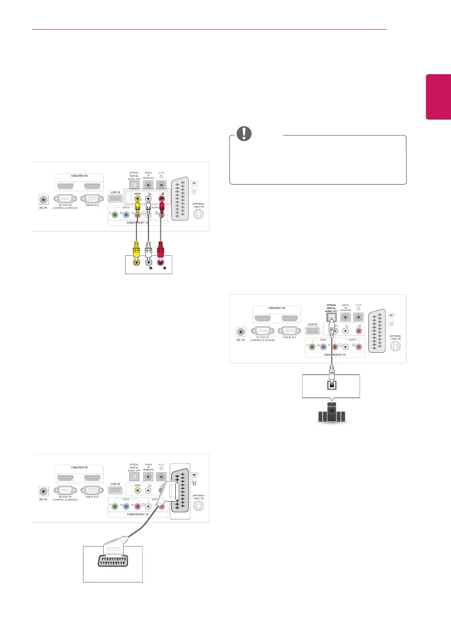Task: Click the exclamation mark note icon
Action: click(244, 134)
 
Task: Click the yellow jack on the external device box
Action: click(137, 262)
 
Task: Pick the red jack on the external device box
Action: click(160, 262)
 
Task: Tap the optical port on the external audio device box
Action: click(332, 385)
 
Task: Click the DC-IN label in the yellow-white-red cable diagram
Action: click(43, 208)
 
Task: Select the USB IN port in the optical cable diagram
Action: click(313, 330)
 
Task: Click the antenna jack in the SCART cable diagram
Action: click(198, 506)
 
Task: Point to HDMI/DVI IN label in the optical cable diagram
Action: click(277, 308)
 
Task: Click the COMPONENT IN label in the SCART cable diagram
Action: click(138, 514)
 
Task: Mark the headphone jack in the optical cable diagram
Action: click(359, 318)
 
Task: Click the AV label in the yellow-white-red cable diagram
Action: click(195, 183)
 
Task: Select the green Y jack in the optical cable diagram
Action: click(312, 347)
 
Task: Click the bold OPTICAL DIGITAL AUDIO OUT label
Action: click(331, 308)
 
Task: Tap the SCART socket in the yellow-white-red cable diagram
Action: click(180, 199)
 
